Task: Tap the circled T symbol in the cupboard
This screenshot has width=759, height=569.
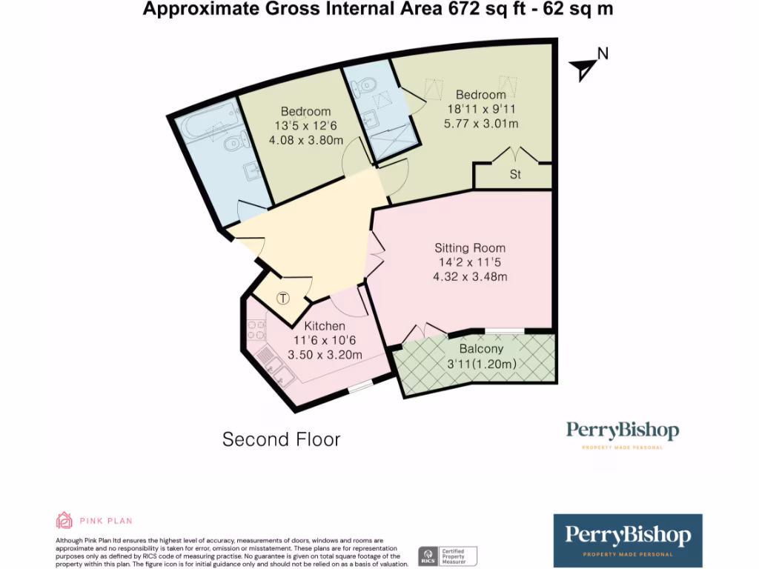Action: click(283, 299)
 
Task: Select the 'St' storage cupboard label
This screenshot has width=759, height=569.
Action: click(514, 176)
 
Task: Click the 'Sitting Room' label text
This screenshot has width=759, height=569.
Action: click(470, 248)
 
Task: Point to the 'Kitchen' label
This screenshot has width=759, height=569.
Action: click(325, 326)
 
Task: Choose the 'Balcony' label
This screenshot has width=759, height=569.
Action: click(481, 349)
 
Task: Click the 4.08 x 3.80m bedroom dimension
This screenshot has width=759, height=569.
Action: click(306, 140)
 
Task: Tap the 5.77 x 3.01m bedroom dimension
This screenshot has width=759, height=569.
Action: click(481, 124)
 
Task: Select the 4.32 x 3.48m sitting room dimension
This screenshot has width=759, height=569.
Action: click(470, 277)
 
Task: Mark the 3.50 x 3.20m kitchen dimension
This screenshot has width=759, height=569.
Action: click(325, 355)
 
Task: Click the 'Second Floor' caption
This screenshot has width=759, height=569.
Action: click(282, 439)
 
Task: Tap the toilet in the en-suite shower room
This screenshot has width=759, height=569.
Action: click(362, 88)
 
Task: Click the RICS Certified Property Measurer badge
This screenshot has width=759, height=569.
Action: click(448, 556)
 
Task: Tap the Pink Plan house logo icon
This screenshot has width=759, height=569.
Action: click(64, 520)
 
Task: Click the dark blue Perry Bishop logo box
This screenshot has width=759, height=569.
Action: click(628, 540)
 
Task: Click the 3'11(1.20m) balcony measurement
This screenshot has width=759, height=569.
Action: click(481, 364)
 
